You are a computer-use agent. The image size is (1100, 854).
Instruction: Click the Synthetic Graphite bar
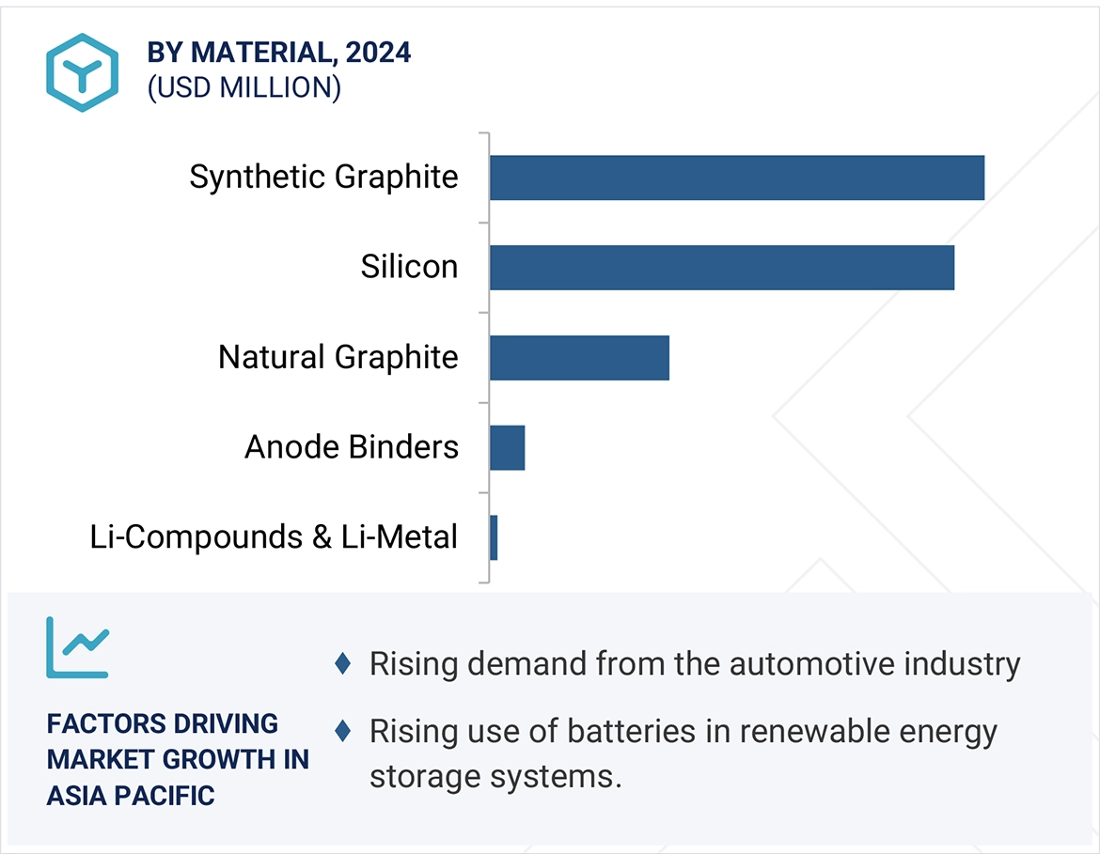(x=736, y=178)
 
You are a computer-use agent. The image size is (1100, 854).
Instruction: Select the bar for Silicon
(x=721, y=268)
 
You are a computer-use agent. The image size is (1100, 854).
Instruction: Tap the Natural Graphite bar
(x=579, y=358)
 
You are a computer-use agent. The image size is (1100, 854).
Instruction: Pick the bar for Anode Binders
(x=507, y=447)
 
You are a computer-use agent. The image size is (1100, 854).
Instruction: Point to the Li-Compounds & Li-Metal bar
(x=494, y=537)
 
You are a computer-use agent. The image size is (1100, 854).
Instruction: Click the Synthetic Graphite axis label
(x=323, y=177)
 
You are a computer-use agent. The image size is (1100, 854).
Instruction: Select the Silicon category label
(x=409, y=267)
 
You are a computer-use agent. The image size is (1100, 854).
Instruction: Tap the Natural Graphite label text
(x=338, y=357)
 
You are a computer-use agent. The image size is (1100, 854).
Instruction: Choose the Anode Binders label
(x=352, y=447)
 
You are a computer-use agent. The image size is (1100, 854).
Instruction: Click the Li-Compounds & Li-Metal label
(x=274, y=537)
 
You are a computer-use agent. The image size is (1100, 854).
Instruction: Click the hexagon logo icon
(x=82, y=72)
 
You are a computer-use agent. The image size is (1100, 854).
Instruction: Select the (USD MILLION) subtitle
(x=244, y=87)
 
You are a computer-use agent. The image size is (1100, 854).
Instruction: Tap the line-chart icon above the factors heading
(x=77, y=647)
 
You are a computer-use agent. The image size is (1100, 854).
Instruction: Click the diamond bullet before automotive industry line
(x=343, y=664)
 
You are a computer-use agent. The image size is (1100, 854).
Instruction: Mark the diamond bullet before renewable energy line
(x=343, y=730)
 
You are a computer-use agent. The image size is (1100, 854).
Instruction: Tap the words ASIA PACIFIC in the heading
(x=131, y=796)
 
